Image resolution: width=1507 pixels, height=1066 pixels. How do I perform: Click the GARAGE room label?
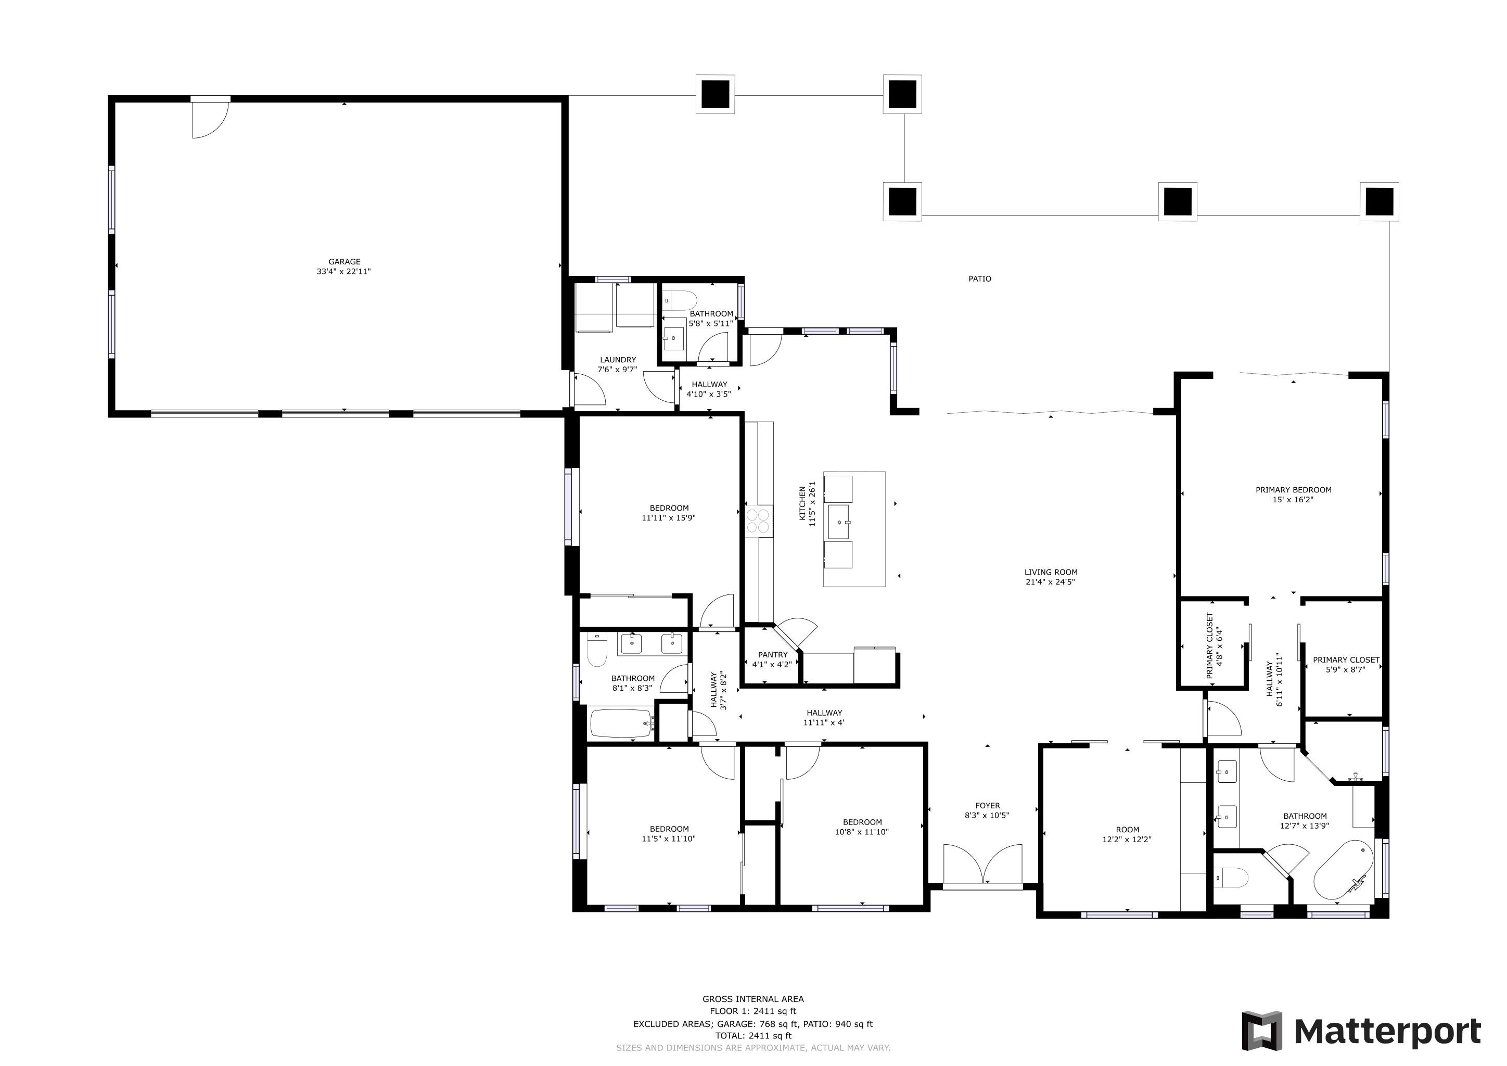coord(344,261)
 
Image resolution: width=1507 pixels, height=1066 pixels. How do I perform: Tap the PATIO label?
coord(980,279)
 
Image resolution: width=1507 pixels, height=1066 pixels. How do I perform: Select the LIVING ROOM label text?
coord(1051,572)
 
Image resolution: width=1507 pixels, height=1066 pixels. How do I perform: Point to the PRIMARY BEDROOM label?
coord(1293,490)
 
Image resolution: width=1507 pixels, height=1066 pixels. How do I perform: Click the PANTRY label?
coord(773,654)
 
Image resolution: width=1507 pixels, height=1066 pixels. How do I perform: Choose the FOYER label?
coord(987,805)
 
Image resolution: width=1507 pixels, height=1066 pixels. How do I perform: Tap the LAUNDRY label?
coord(618,360)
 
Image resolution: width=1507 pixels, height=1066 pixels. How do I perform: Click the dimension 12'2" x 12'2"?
coord(1127,839)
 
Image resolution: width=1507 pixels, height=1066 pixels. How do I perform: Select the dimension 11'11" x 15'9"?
coord(668,517)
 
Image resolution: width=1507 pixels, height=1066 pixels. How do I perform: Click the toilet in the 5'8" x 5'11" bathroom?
coord(681,301)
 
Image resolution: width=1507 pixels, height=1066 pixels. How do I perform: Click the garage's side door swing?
coord(210,118)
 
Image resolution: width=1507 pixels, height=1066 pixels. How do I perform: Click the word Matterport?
coord(1387,1031)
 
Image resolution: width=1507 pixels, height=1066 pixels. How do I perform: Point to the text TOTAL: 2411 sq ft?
coord(753,1036)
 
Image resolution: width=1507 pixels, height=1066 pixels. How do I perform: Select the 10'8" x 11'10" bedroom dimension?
coord(862,832)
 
